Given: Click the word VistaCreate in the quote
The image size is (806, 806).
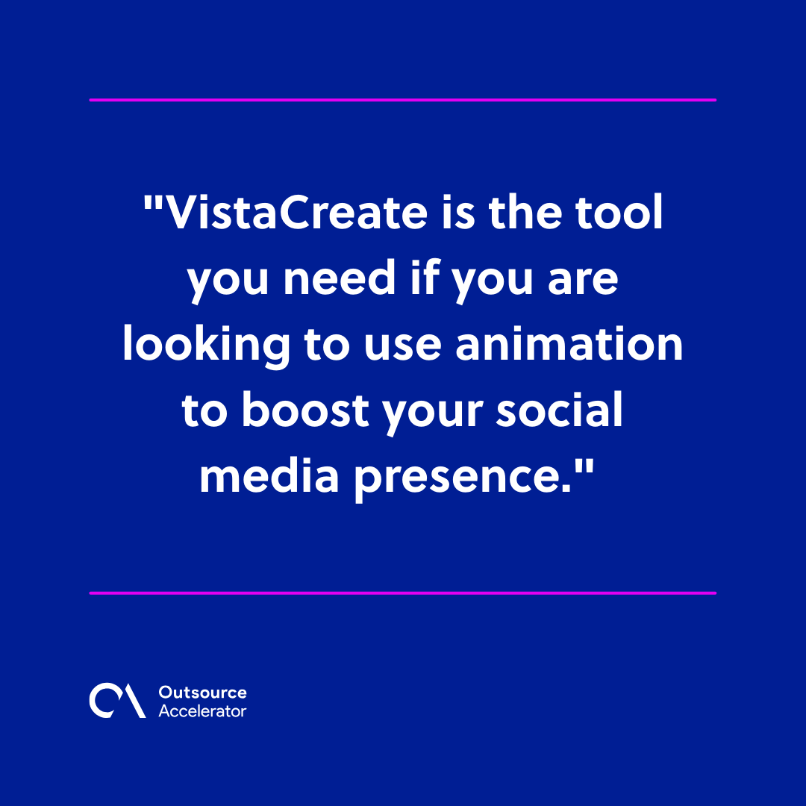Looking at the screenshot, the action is [x=296, y=212].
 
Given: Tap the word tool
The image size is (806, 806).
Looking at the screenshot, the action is [x=619, y=211].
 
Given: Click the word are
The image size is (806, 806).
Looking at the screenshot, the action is [x=583, y=282].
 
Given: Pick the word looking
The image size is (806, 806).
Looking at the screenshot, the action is [x=207, y=346].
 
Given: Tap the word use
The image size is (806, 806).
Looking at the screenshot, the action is [x=402, y=348].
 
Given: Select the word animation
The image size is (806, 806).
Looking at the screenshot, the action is [x=569, y=343].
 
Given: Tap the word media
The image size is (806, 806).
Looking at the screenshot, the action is [x=269, y=475].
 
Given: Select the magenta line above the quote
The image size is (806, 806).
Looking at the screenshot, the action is [x=402, y=100].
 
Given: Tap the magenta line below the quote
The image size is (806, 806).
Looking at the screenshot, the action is [x=402, y=593].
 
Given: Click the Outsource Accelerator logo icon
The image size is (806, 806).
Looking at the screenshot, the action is [x=117, y=700].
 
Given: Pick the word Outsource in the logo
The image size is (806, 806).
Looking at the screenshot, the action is [x=202, y=693].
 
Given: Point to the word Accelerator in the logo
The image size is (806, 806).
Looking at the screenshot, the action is [x=202, y=711].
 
